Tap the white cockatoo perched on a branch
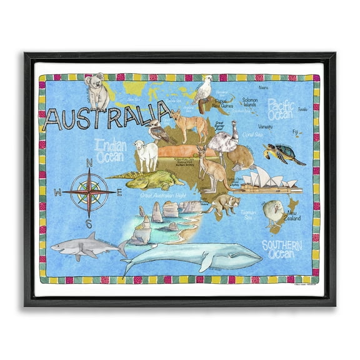click(204, 91)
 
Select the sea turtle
click(282, 153)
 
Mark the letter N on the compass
click(89, 164)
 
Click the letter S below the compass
click(89, 224)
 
